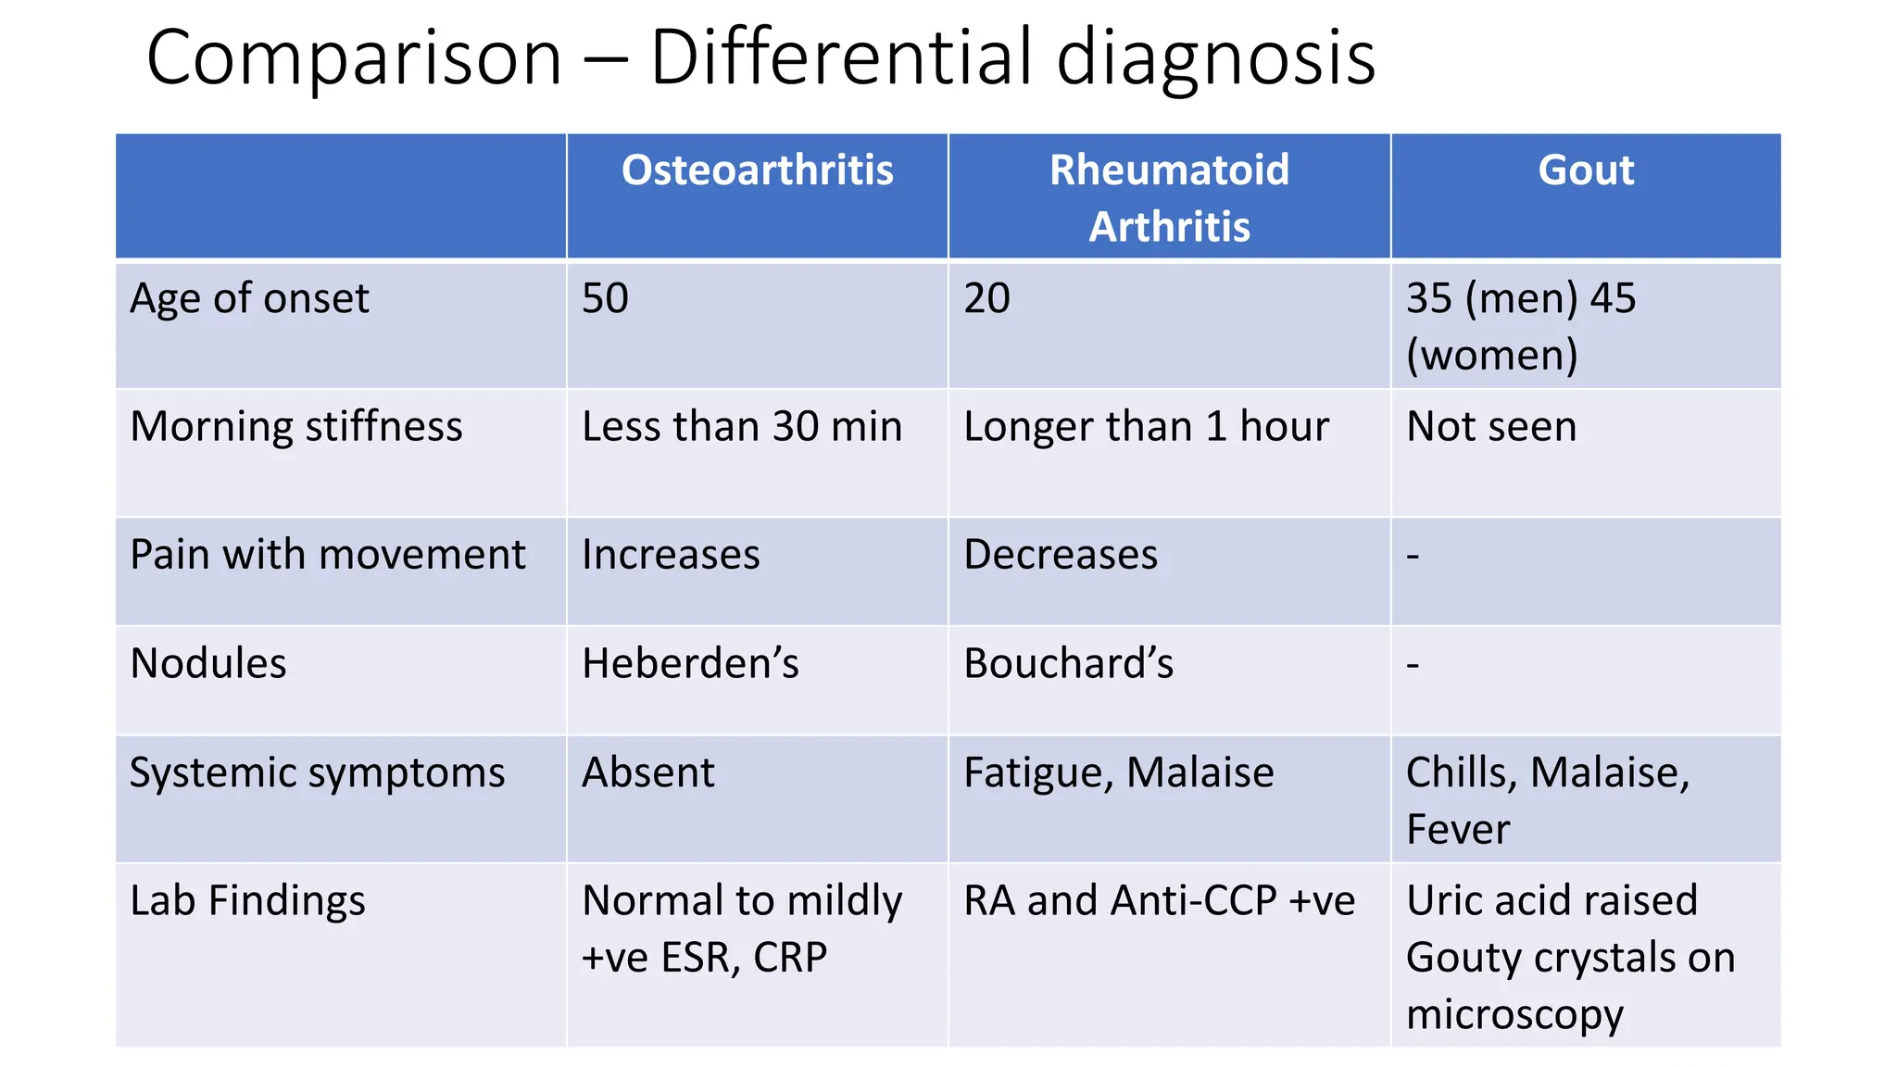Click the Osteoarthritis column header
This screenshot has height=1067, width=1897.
(757, 170)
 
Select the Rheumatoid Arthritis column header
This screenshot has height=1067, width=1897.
(1169, 198)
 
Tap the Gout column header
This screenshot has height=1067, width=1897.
(1586, 170)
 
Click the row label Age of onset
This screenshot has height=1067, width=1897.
(249, 299)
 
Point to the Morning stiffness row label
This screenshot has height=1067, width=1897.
(296, 427)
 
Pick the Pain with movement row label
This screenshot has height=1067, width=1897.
(328, 555)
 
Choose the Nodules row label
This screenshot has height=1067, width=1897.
(208, 664)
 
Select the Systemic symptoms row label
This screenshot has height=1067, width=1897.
(317, 773)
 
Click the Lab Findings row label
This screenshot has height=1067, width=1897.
(247, 901)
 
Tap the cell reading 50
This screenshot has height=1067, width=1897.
(605, 299)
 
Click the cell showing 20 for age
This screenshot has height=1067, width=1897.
(986, 299)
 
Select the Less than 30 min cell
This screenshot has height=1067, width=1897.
(742, 427)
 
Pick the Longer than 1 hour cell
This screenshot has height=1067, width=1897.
(1146, 427)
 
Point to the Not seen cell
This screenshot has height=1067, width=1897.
(1491, 427)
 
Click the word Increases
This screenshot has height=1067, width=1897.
(671, 555)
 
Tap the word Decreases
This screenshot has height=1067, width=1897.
(1061, 555)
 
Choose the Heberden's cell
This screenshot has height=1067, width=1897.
(690, 664)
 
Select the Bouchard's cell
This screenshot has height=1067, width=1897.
(1068, 664)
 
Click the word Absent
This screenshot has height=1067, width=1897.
(648, 773)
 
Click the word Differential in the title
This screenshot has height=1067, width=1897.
(841, 57)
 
